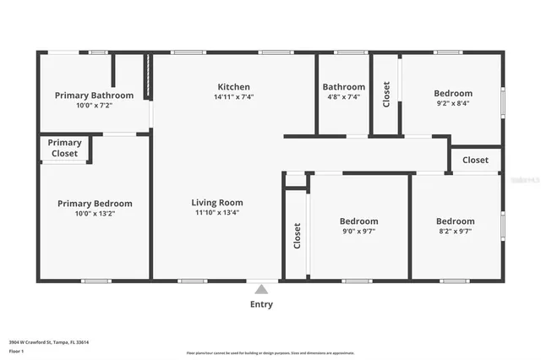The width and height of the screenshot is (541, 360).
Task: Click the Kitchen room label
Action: coord(233,87)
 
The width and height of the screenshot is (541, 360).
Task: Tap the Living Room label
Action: coord(217,203)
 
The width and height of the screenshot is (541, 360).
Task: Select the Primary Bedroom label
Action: coord(95,204)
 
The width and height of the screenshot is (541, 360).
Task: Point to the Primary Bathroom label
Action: coord(95,95)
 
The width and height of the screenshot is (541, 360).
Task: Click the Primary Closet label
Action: coord(64,148)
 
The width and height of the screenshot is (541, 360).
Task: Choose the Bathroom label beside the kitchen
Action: coord(343,87)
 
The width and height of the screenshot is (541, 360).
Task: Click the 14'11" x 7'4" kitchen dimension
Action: coord(233,97)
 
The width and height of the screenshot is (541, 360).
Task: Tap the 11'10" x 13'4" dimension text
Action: coord(217,213)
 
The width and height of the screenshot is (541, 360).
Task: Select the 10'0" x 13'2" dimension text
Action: coord(95,214)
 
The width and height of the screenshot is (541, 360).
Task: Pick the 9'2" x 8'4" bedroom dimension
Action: coord(453,104)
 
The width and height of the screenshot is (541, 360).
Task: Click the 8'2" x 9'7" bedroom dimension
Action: coord(455,232)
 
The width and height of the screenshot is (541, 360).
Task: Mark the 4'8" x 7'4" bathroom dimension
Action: coord(343,97)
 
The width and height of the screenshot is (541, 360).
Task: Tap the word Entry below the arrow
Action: coord(262,304)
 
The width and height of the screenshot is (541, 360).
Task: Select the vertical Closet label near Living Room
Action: coord(297,237)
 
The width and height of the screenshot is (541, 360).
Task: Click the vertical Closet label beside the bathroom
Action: coord(386,94)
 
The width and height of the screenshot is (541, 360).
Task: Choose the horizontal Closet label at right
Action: coord(475,160)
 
